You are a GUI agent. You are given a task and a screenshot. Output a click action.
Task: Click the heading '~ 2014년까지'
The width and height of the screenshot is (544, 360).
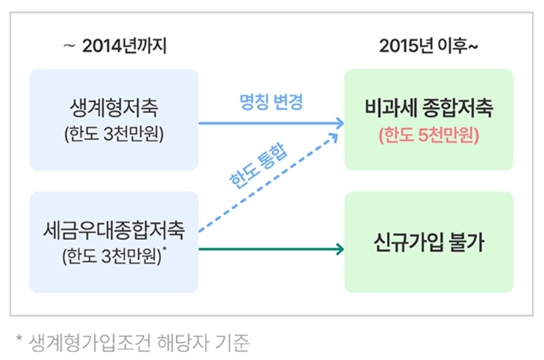click(x=115, y=46)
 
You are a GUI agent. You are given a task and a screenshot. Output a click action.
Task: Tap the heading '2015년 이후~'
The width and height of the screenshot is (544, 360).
click(x=429, y=46)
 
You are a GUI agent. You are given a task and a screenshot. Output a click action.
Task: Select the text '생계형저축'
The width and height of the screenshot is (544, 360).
click(x=114, y=108)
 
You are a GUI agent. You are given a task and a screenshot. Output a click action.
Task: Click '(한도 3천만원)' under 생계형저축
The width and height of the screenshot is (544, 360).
click(x=114, y=134)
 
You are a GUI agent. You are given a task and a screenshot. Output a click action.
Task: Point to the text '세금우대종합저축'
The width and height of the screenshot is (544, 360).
click(x=114, y=230)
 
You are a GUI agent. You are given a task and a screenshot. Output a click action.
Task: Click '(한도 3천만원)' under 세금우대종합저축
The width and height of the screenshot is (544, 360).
click(x=112, y=257)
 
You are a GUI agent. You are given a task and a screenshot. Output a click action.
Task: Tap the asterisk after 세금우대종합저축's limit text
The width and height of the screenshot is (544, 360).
click(x=165, y=249)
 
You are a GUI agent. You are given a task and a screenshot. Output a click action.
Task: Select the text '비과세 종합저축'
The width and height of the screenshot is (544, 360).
click(x=429, y=108)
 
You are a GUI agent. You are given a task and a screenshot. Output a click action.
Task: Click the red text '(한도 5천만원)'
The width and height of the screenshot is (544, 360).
click(x=429, y=135)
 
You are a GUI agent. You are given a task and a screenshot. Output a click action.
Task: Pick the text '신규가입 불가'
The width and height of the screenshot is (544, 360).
click(x=429, y=242)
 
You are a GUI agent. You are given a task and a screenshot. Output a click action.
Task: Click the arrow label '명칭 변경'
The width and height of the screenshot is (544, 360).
click(x=271, y=102)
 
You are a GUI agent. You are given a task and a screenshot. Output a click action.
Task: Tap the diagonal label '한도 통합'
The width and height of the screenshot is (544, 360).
click(x=258, y=166)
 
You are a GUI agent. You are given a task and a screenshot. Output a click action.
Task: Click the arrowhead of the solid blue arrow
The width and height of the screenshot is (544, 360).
click(x=340, y=123)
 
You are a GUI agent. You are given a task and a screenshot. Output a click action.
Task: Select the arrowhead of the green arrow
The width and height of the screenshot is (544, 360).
click(x=340, y=249)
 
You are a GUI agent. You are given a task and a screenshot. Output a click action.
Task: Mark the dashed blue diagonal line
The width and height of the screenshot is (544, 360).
click(x=268, y=182)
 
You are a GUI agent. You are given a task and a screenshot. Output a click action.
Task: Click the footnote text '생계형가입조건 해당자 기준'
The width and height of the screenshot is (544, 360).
click(x=139, y=343)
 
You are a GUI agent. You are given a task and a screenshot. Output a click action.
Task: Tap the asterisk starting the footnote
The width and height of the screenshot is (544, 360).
click(x=20, y=338)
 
